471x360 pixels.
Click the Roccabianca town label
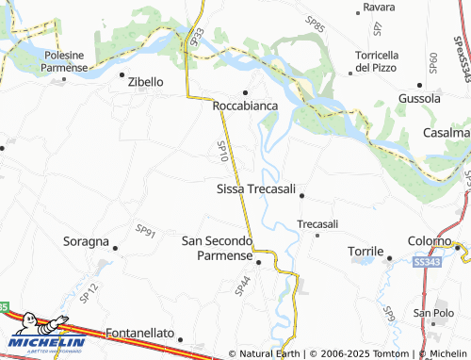(246, 106)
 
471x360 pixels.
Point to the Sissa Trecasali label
(256, 189)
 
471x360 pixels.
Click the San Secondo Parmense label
(217, 249)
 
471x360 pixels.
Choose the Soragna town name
(86, 241)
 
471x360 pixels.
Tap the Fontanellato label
(140, 334)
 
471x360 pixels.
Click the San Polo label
(434, 313)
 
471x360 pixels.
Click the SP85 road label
(315, 24)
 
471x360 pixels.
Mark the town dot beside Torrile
(389, 254)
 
